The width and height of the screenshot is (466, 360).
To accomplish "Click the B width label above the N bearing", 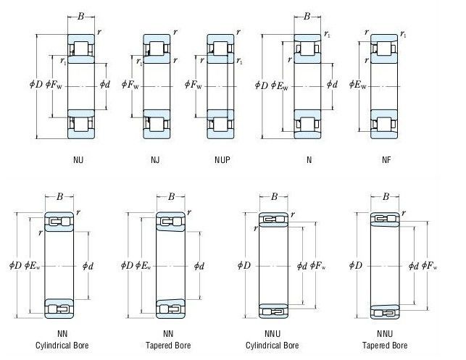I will click(x=307, y=16).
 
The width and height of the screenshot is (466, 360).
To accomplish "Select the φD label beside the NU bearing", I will click(x=37, y=85).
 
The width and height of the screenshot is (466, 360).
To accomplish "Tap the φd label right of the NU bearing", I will click(x=107, y=85).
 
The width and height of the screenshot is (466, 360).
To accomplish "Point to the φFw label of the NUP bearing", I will click(x=194, y=85).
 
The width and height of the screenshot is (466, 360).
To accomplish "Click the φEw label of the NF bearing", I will click(x=357, y=85).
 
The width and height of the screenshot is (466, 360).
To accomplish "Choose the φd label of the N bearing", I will click(x=331, y=85).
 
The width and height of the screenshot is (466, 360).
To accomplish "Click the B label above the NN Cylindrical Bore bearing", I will click(x=60, y=196).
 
